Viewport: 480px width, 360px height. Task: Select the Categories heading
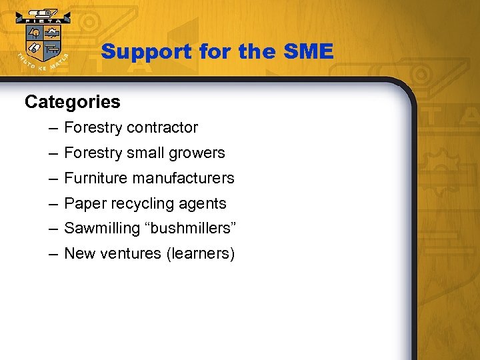click(72, 102)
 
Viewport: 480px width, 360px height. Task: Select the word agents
click(203, 203)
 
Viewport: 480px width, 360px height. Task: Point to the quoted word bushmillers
click(189, 229)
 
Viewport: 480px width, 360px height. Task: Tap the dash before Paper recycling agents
click(52, 203)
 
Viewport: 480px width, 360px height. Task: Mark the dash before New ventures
click(52, 254)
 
